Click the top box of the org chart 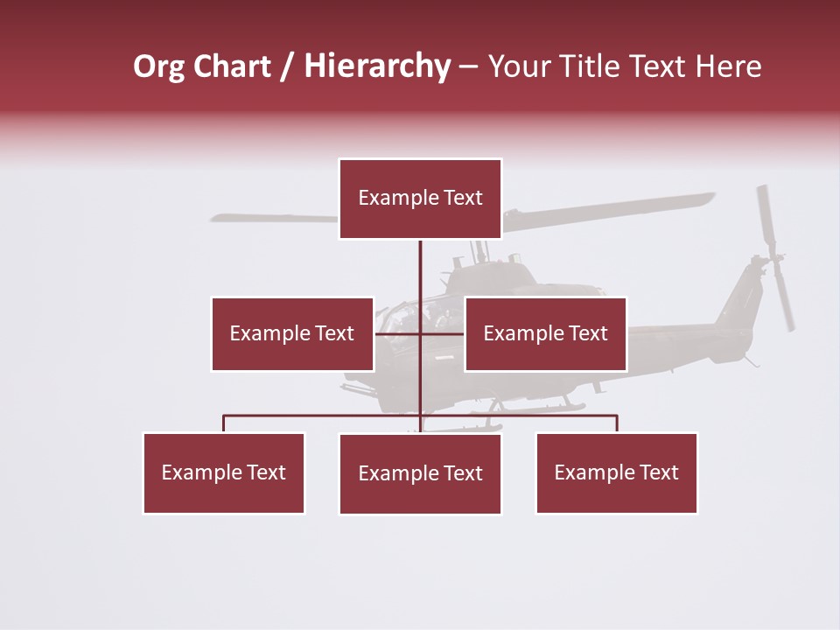point(420,199)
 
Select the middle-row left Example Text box point(292,333)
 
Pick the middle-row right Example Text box point(545,333)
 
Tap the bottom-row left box point(224,472)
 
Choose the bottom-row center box point(420,473)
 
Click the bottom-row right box point(616,472)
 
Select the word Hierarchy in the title point(377,66)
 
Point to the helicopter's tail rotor point(775,257)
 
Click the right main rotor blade point(612,210)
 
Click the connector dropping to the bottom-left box point(224,423)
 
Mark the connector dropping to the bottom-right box point(616,423)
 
